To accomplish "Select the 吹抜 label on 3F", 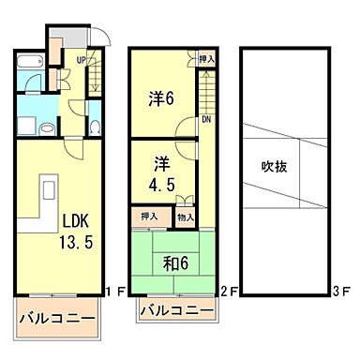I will (274, 168).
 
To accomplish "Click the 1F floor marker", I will (114, 290).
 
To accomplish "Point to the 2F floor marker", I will (229, 290).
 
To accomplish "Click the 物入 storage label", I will (186, 217).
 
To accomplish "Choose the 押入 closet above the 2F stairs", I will (206, 59).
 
